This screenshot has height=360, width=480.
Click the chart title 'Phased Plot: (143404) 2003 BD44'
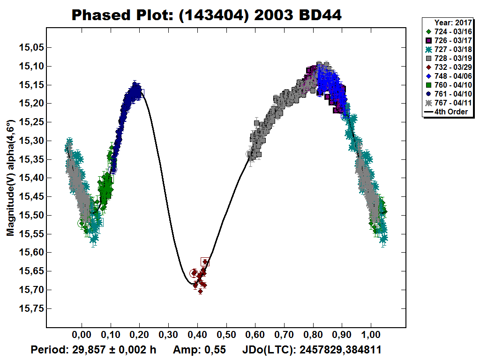[x=206, y=15]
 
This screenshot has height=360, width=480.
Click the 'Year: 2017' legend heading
[x=451, y=22]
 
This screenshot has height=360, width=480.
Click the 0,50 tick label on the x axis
[x=226, y=336]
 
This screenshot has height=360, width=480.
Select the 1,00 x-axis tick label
[x=371, y=336]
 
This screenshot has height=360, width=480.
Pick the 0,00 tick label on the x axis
[x=82, y=336]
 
